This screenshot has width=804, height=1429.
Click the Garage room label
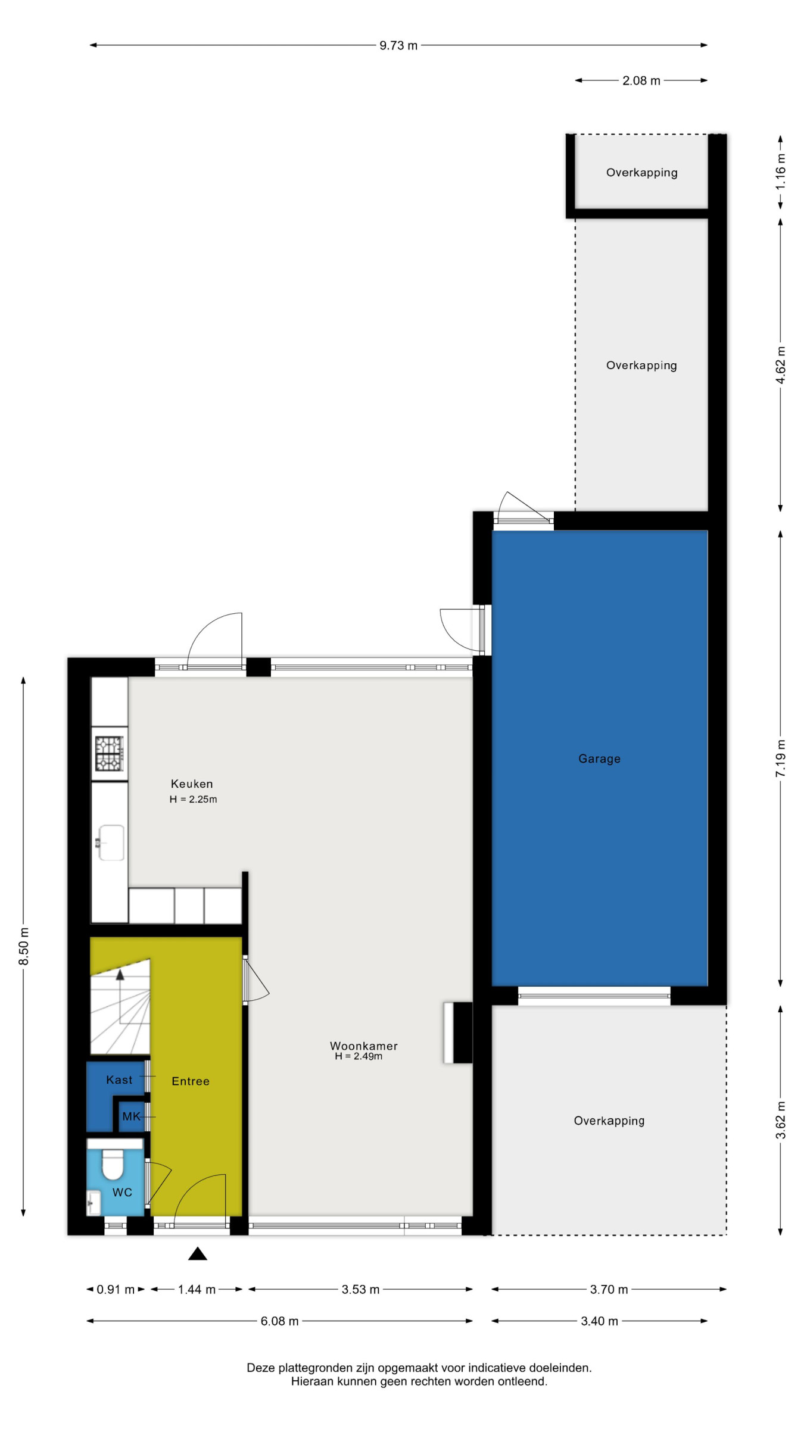[599, 759]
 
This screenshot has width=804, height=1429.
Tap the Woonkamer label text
[364, 1046]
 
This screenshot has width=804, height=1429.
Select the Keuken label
[192, 784]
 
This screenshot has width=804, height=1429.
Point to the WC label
[122, 1192]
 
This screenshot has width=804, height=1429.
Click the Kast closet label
[119, 1079]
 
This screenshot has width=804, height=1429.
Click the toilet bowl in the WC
[113, 1164]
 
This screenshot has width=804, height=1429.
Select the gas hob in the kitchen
[109, 753]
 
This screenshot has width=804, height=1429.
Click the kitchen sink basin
[111, 843]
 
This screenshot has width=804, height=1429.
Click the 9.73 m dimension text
[398, 45]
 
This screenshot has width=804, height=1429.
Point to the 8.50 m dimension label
[23, 946]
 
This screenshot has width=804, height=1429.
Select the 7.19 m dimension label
[780, 758]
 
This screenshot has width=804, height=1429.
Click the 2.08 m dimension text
[641, 80]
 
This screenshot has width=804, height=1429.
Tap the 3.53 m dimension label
[360, 1289]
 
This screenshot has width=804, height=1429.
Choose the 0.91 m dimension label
[116, 1289]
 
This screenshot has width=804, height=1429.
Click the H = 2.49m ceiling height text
[359, 1056]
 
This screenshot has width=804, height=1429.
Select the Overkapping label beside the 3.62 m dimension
[609, 1121]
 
